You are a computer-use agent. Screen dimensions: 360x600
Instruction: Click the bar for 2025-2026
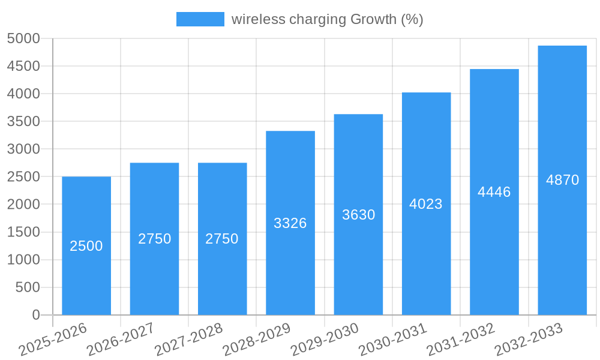pos(86,276)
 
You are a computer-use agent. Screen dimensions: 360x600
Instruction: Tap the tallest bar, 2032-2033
pos(562,240)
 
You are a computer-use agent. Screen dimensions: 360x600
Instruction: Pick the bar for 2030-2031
pos(426,258)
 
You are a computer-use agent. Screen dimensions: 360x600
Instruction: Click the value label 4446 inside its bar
pos(494,192)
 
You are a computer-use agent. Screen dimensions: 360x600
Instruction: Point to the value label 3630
pos(358,215)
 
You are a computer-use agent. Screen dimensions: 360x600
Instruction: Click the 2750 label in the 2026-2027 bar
pos(154,239)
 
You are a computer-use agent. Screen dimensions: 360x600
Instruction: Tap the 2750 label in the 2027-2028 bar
pos(222,239)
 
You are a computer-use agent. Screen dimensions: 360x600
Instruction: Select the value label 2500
pos(86,246)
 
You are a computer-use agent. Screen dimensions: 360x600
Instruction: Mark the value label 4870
pos(562,180)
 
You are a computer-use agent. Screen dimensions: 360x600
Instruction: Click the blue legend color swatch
pos(200,19)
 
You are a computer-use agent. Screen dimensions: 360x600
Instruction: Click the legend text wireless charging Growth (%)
pos(327,19)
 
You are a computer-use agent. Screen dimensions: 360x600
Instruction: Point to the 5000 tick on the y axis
pos(23,39)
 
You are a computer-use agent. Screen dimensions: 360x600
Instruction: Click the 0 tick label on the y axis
pos(36,315)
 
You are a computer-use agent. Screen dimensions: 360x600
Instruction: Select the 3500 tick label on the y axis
pos(23,122)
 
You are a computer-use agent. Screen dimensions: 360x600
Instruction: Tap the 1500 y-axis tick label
pos(23,232)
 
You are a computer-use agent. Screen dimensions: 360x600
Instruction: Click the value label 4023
pos(426,204)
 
